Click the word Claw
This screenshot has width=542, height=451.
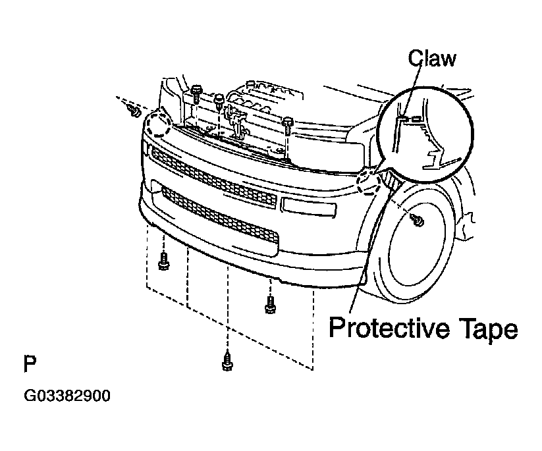click(432, 58)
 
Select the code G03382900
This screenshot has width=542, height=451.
click(67, 396)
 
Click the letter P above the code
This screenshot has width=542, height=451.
click(30, 363)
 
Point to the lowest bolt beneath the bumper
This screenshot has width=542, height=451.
click(227, 361)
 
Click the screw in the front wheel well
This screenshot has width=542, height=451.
click(418, 220)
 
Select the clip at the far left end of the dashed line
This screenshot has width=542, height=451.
click(134, 110)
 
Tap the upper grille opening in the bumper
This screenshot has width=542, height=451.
click(213, 179)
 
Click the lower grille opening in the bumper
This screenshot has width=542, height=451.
click(220, 215)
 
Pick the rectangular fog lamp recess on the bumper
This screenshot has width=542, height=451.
click(309, 207)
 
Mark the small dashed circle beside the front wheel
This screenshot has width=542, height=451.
click(369, 182)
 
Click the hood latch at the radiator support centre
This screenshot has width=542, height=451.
click(235, 121)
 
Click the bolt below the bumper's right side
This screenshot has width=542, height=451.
click(270, 304)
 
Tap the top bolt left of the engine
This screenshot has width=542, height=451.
click(196, 92)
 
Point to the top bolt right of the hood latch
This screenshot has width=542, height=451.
click(288, 124)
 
